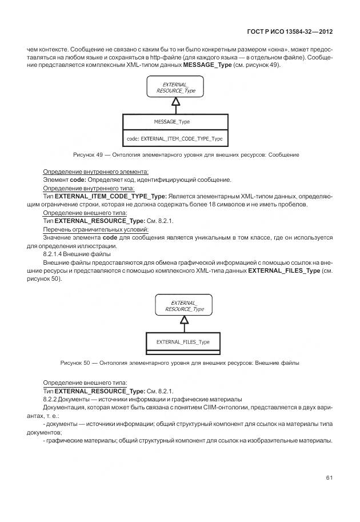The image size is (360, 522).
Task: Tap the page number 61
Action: pos(329,477)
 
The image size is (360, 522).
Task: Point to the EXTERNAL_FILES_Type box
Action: pos(183,342)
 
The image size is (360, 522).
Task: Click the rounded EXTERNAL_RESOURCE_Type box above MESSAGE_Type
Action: pos(175,87)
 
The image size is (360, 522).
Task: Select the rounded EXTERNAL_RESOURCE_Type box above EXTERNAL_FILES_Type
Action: pos(184,306)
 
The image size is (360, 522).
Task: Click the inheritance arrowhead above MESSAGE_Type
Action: pos(176,102)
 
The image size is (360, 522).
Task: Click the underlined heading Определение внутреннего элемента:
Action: pos(95,172)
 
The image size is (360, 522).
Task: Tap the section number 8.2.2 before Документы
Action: pos(52,399)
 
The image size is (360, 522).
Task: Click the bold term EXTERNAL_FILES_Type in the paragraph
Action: pos(284,270)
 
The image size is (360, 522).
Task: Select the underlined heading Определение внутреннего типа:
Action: pos(89,188)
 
